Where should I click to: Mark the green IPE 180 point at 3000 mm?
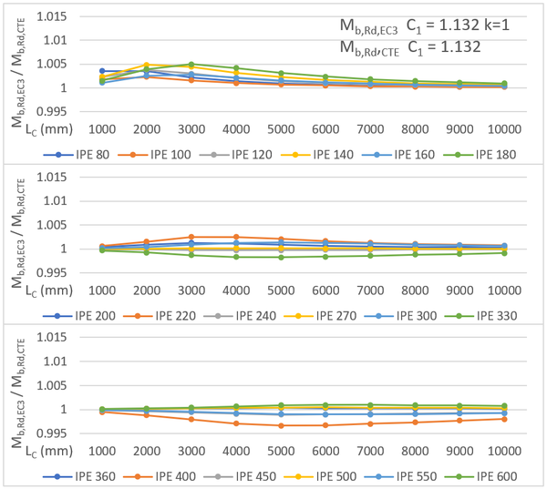click(x=191, y=65)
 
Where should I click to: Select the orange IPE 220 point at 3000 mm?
click(x=191, y=237)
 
